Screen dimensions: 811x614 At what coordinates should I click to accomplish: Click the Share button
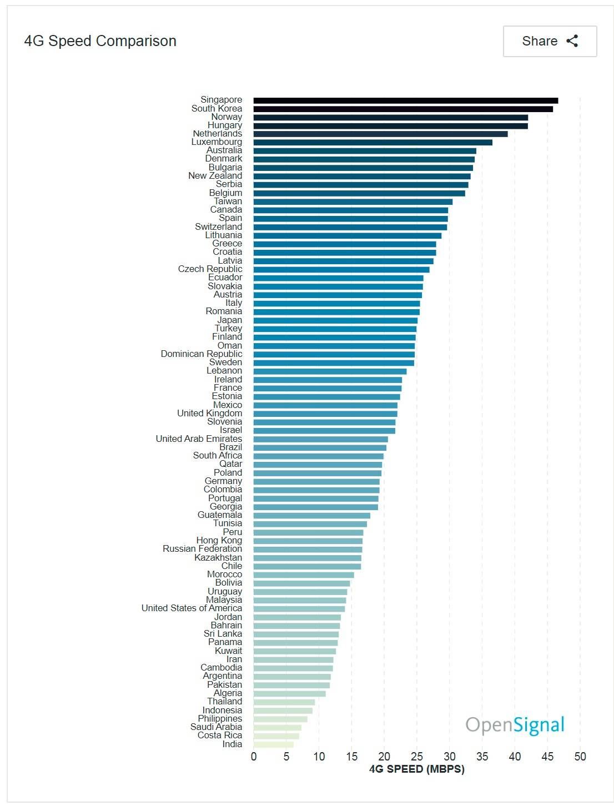[x=549, y=41]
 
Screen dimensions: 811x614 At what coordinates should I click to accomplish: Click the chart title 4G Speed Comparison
[x=100, y=41]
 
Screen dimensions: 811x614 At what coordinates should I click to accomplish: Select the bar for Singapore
[x=405, y=100]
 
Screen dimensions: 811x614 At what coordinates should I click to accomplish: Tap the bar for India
[x=274, y=744]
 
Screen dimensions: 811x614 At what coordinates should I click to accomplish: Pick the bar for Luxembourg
[x=373, y=143]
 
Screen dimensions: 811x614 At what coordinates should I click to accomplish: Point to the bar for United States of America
[x=299, y=609]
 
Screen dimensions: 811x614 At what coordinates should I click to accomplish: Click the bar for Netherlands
[x=380, y=134]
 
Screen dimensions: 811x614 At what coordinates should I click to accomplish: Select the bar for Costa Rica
[x=276, y=736]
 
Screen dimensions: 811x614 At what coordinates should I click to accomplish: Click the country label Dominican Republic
[x=202, y=354]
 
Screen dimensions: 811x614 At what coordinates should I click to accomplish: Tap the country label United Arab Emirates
[x=199, y=439]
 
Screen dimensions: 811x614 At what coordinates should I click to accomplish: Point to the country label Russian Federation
[x=202, y=549]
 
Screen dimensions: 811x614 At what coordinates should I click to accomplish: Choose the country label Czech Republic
[x=210, y=269]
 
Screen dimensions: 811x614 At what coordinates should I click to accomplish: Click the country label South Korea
[x=217, y=109]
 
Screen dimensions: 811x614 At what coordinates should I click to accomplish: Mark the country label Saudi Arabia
[x=216, y=727]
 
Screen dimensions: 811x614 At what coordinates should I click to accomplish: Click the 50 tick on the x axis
[x=580, y=757]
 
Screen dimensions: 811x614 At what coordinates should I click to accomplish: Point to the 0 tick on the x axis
[x=254, y=757]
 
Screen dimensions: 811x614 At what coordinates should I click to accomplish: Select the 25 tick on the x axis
[x=417, y=757]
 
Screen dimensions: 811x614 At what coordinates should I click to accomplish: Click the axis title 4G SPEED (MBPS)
[x=416, y=769]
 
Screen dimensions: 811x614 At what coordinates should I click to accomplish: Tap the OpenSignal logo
[x=515, y=725]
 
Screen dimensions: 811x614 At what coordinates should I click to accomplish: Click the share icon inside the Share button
[x=572, y=41]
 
